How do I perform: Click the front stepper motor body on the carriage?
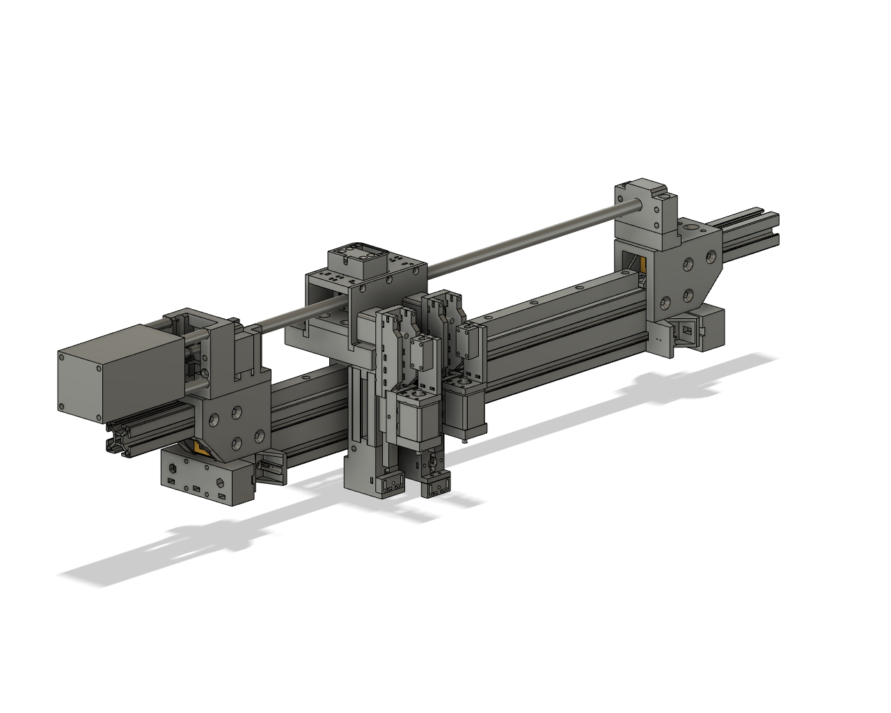point(416,421)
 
